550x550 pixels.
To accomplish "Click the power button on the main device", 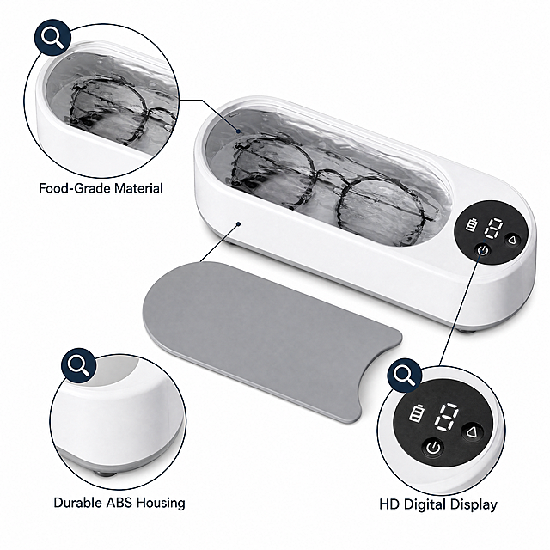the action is coord(483,250).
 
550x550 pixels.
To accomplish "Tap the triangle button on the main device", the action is coord(512,241).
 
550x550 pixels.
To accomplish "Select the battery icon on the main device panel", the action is coord(472,224).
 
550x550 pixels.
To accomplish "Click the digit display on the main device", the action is coord(493,229).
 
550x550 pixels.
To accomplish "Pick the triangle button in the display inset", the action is coord(472,432).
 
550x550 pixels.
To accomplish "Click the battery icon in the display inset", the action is coord(417,413).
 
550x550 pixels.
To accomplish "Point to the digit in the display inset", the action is coord(446,418).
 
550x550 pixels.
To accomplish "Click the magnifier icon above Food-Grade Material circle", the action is coord(52,37).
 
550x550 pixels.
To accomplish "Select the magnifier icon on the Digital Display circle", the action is coord(405,375).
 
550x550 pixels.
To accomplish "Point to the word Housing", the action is coord(161,503).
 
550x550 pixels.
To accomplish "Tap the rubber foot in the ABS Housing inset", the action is coord(105,474).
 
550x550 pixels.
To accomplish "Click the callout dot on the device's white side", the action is coord(239,223).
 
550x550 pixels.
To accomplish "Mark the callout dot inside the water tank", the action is coord(239,131).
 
